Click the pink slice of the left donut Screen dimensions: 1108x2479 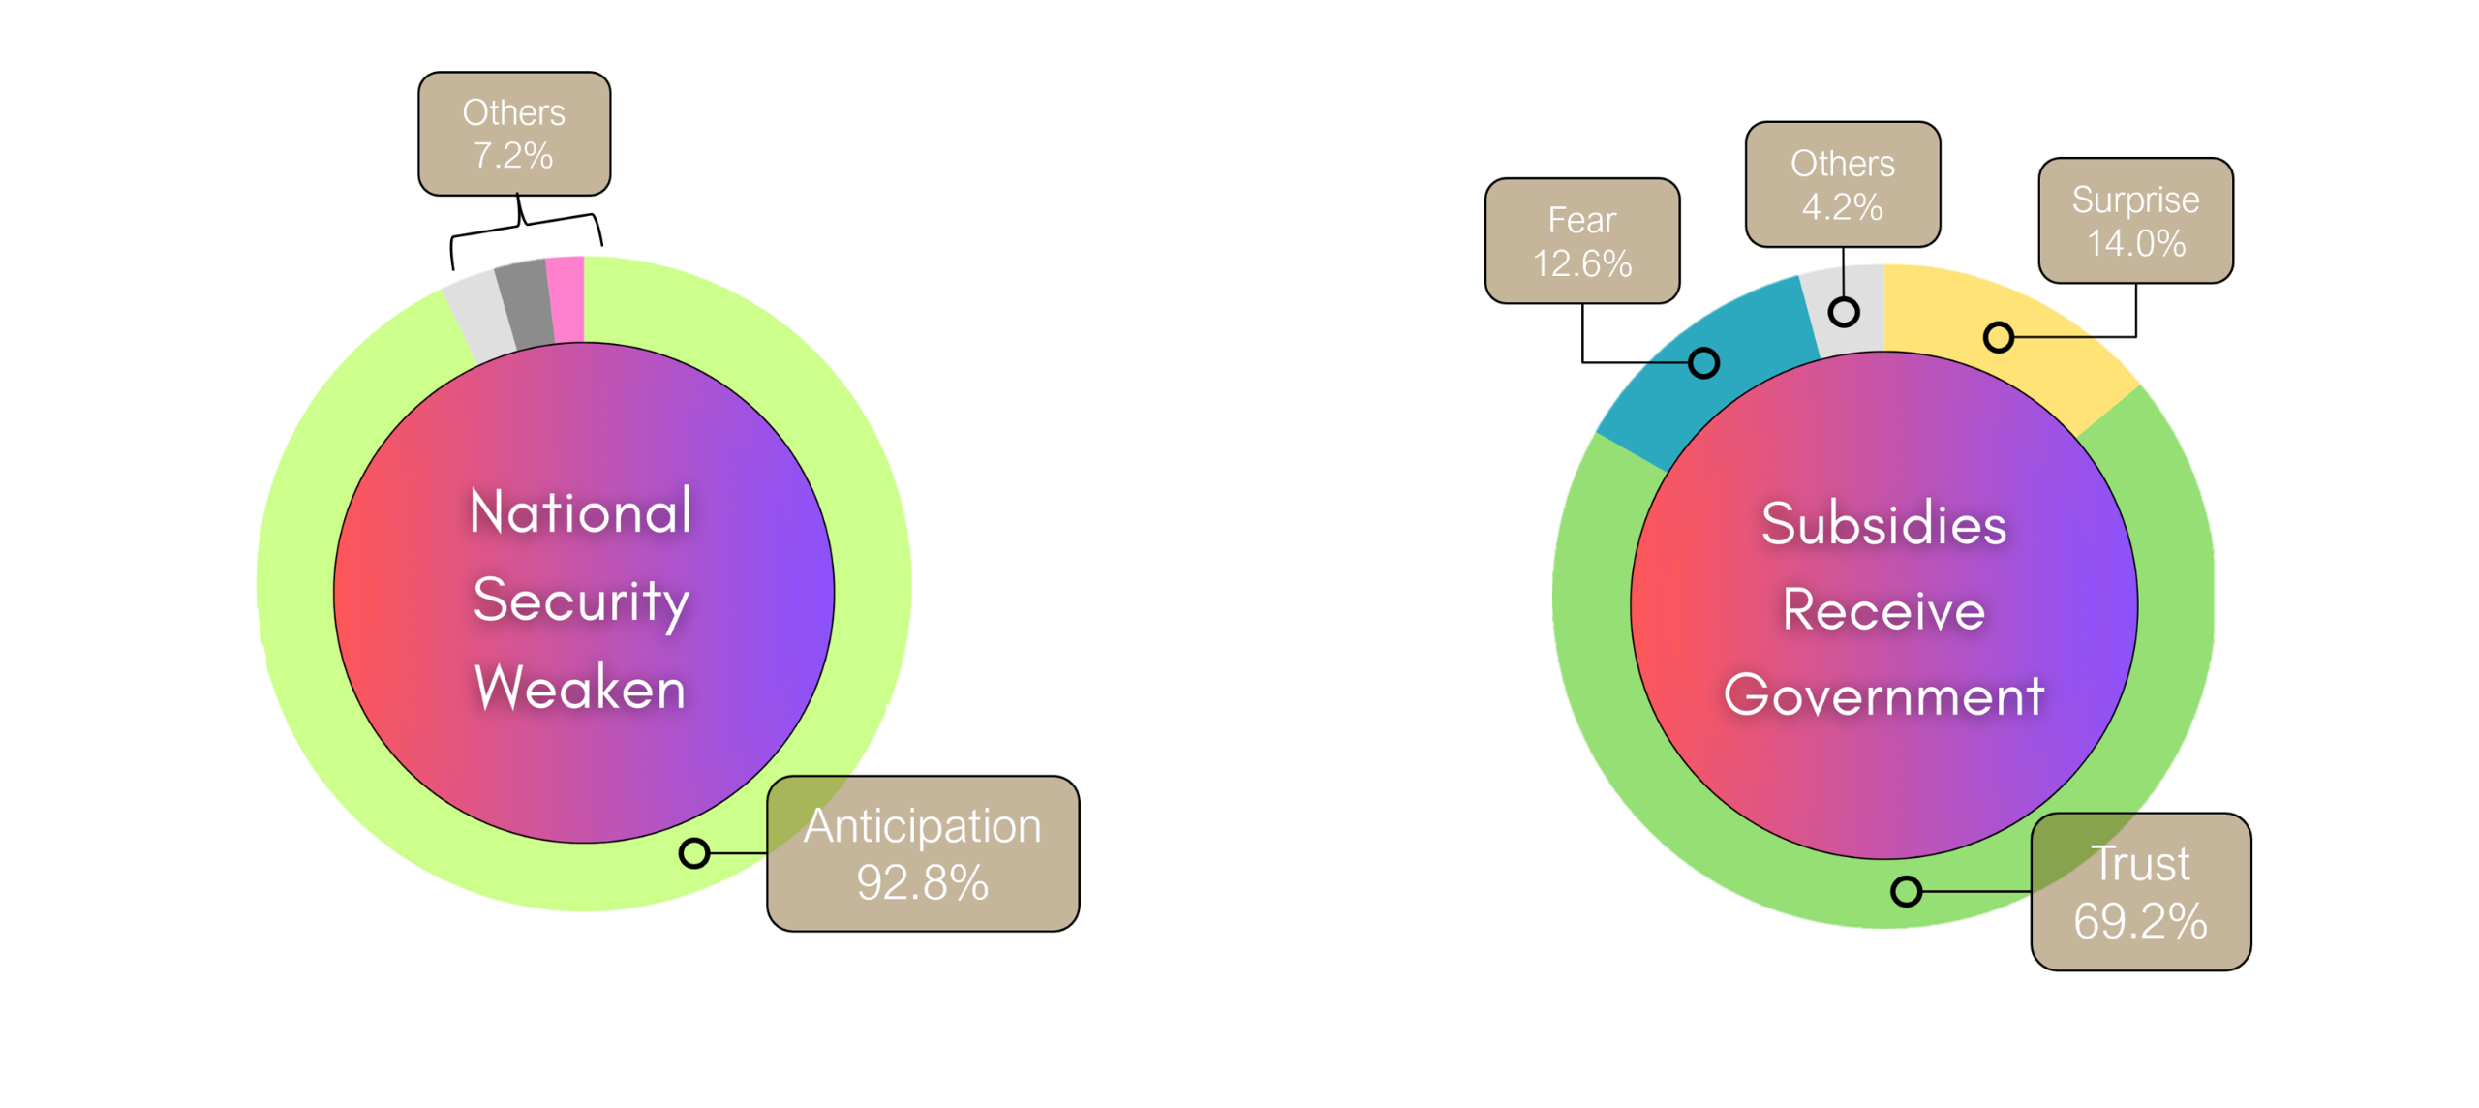(566, 298)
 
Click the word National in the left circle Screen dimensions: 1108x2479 (581, 511)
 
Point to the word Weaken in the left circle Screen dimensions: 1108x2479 (581, 688)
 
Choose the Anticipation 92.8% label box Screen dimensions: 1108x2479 (923, 853)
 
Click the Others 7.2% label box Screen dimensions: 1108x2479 (514, 134)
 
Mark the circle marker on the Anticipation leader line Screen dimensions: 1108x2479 (694, 853)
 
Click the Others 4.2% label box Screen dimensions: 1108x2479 (1843, 184)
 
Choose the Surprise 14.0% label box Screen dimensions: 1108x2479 (2135, 221)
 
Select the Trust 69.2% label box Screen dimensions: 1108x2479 (2140, 892)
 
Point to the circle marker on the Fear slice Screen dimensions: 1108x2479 (1704, 363)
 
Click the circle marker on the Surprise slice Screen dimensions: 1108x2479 (1999, 337)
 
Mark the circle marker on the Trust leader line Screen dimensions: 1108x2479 (1906, 891)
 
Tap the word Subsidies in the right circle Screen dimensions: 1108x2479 (1884, 524)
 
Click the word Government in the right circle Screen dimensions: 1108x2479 (1884, 695)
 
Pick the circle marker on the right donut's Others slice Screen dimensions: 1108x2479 (1844, 312)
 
